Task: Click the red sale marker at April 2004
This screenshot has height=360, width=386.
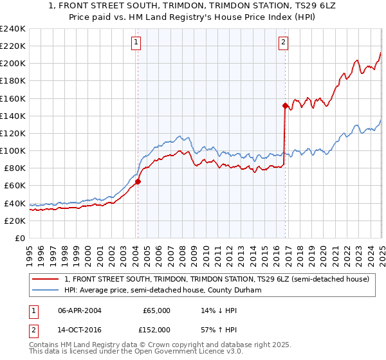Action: tap(138, 181)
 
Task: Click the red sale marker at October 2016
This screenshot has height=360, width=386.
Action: tap(284, 105)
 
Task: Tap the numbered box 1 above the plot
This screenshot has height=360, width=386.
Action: tap(137, 43)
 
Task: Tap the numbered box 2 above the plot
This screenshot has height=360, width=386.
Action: tap(284, 43)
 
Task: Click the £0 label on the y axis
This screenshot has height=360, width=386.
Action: tap(20, 238)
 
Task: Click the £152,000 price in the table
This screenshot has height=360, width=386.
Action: tap(156, 330)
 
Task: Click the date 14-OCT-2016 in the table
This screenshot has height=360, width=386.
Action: tap(80, 330)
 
